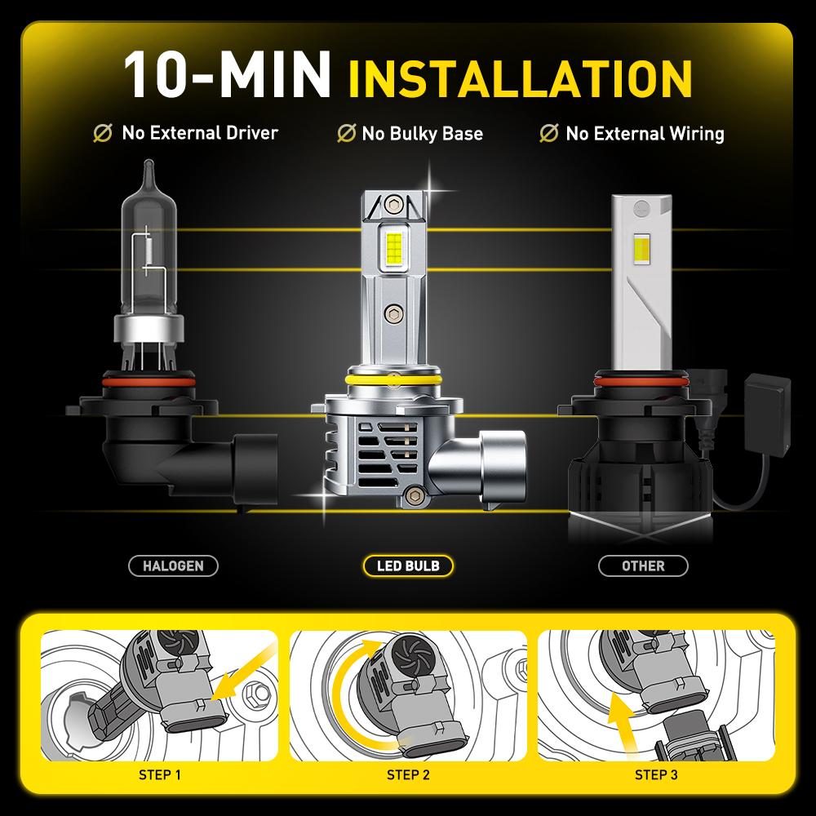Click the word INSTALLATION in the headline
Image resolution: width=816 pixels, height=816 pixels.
520,75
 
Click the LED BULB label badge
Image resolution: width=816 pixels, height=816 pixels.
406,565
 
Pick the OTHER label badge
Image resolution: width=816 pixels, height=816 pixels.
643,565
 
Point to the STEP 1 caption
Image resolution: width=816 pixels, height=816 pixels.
161,774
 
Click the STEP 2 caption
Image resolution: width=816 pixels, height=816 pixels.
408,774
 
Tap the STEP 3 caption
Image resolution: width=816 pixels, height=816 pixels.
656,774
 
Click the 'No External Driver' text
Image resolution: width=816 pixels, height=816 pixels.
200,132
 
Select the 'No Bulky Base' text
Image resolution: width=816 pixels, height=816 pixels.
423,133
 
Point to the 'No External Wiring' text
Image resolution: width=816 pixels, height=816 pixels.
645,133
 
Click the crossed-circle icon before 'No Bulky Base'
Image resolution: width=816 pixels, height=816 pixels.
346,133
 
